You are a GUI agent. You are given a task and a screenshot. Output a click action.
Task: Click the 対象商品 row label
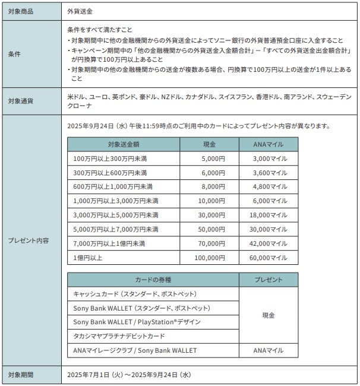(x=20, y=11)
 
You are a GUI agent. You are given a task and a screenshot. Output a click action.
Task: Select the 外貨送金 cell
(x=81, y=11)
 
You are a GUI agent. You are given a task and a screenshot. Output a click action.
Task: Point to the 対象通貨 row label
(x=20, y=100)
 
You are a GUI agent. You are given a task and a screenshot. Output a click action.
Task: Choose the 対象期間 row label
(x=20, y=375)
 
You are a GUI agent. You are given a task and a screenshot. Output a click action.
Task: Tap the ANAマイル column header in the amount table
(x=269, y=144)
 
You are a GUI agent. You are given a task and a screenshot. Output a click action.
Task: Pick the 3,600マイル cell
(x=270, y=173)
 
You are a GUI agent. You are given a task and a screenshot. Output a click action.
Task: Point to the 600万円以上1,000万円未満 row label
(x=110, y=187)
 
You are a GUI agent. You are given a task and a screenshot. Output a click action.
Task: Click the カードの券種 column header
(x=153, y=280)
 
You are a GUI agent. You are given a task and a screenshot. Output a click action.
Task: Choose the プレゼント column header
(x=269, y=280)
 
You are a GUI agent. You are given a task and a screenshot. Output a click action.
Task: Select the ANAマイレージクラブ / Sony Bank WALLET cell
(x=135, y=350)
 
